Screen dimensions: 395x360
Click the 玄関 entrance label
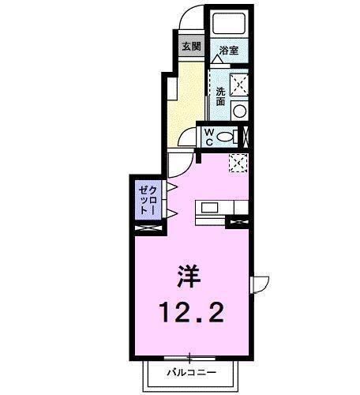pyautogui.click(x=190, y=46)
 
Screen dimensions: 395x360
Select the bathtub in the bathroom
pyautogui.click(x=230, y=24)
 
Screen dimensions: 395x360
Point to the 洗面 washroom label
pyautogui.click(x=220, y=96)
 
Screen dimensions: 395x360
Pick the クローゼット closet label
pyautogui.click(x=147, y=201)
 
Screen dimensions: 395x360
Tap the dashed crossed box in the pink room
pyautogui.click(x=238, y=162)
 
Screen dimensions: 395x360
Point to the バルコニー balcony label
pyautogui.click(x=189, y=371)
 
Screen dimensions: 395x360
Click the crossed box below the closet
pyautogui.click(x=148, y=229)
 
